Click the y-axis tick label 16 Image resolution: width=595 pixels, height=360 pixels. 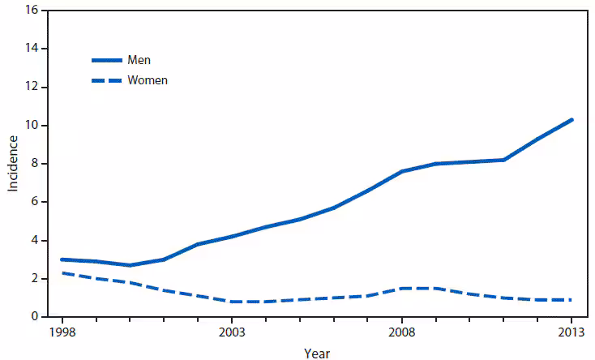tap(33, 11)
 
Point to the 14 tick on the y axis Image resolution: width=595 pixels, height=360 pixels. tap(33, 49)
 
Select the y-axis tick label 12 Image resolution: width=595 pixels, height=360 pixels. tap(33, 88)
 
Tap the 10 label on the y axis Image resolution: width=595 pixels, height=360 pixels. tap(33, 126)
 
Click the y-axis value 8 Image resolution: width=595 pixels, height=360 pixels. tap(36, 164)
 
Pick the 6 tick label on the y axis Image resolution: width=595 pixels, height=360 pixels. tap(36, 202)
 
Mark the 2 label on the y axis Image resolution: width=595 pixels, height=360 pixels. tap(36, 279)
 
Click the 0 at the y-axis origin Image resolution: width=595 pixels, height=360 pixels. tap(36, 317)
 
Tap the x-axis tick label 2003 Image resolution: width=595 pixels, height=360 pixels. tap(231, 332)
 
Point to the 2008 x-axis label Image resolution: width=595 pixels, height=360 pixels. tap(402, 332)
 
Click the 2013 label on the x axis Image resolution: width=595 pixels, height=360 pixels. tap(572, 332)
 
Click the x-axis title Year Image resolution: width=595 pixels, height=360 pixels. tap(317, 353)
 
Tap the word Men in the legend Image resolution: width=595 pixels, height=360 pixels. tap(139, 61)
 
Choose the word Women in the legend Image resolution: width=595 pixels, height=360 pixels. tap(148, 80)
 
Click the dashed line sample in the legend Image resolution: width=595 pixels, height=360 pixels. tap(105, 80)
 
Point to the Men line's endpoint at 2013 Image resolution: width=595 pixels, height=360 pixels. tap(572, 120)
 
